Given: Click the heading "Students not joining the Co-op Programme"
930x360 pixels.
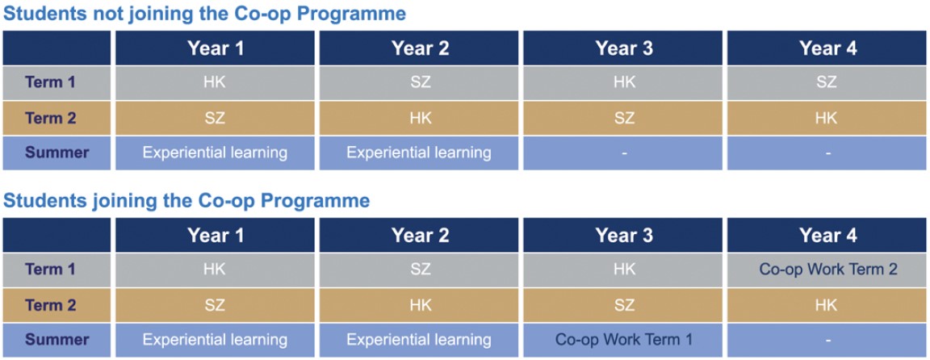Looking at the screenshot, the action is click(x=204, y=15).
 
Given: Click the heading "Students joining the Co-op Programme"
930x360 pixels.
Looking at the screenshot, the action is click(x=186, y=201).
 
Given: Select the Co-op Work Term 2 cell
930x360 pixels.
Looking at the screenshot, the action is click(x=828, y=270).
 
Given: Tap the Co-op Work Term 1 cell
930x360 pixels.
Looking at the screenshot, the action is click(x=624, y=340).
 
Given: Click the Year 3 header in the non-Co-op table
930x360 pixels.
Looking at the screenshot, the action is click(x=624, y=48).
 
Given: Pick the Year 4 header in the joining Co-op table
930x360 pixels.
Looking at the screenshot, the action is click(x=828, y=236).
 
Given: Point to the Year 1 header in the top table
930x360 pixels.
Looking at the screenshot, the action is click(x=216, y=48).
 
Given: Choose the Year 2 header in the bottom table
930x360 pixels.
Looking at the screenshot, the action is click(x=420, y=236).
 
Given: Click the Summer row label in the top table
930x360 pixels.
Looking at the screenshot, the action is click(x=57, y=153).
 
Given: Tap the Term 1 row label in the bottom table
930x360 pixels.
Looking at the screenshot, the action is click(x=50, y=270).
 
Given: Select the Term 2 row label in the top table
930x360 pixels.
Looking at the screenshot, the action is click(x=50, y=118).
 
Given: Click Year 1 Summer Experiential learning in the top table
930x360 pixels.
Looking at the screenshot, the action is click(x=216, y=153).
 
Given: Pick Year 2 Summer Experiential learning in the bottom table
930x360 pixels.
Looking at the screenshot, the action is click(x=420, y=340).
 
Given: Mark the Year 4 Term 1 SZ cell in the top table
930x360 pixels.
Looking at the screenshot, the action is click(x=826, y=82).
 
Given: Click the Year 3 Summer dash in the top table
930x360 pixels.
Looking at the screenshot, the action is click(x=624, y=153).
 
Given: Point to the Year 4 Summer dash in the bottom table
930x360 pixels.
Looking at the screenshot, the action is click(x=828, y=340).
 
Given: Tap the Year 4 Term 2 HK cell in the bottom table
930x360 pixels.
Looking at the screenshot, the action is click(x=826, y=305).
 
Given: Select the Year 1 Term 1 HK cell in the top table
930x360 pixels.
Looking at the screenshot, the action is click(x=214, y=82).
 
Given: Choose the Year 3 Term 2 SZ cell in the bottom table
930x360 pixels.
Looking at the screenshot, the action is click(x=624, y=305).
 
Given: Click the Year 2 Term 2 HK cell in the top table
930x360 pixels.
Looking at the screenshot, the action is click(x=420, y=118).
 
